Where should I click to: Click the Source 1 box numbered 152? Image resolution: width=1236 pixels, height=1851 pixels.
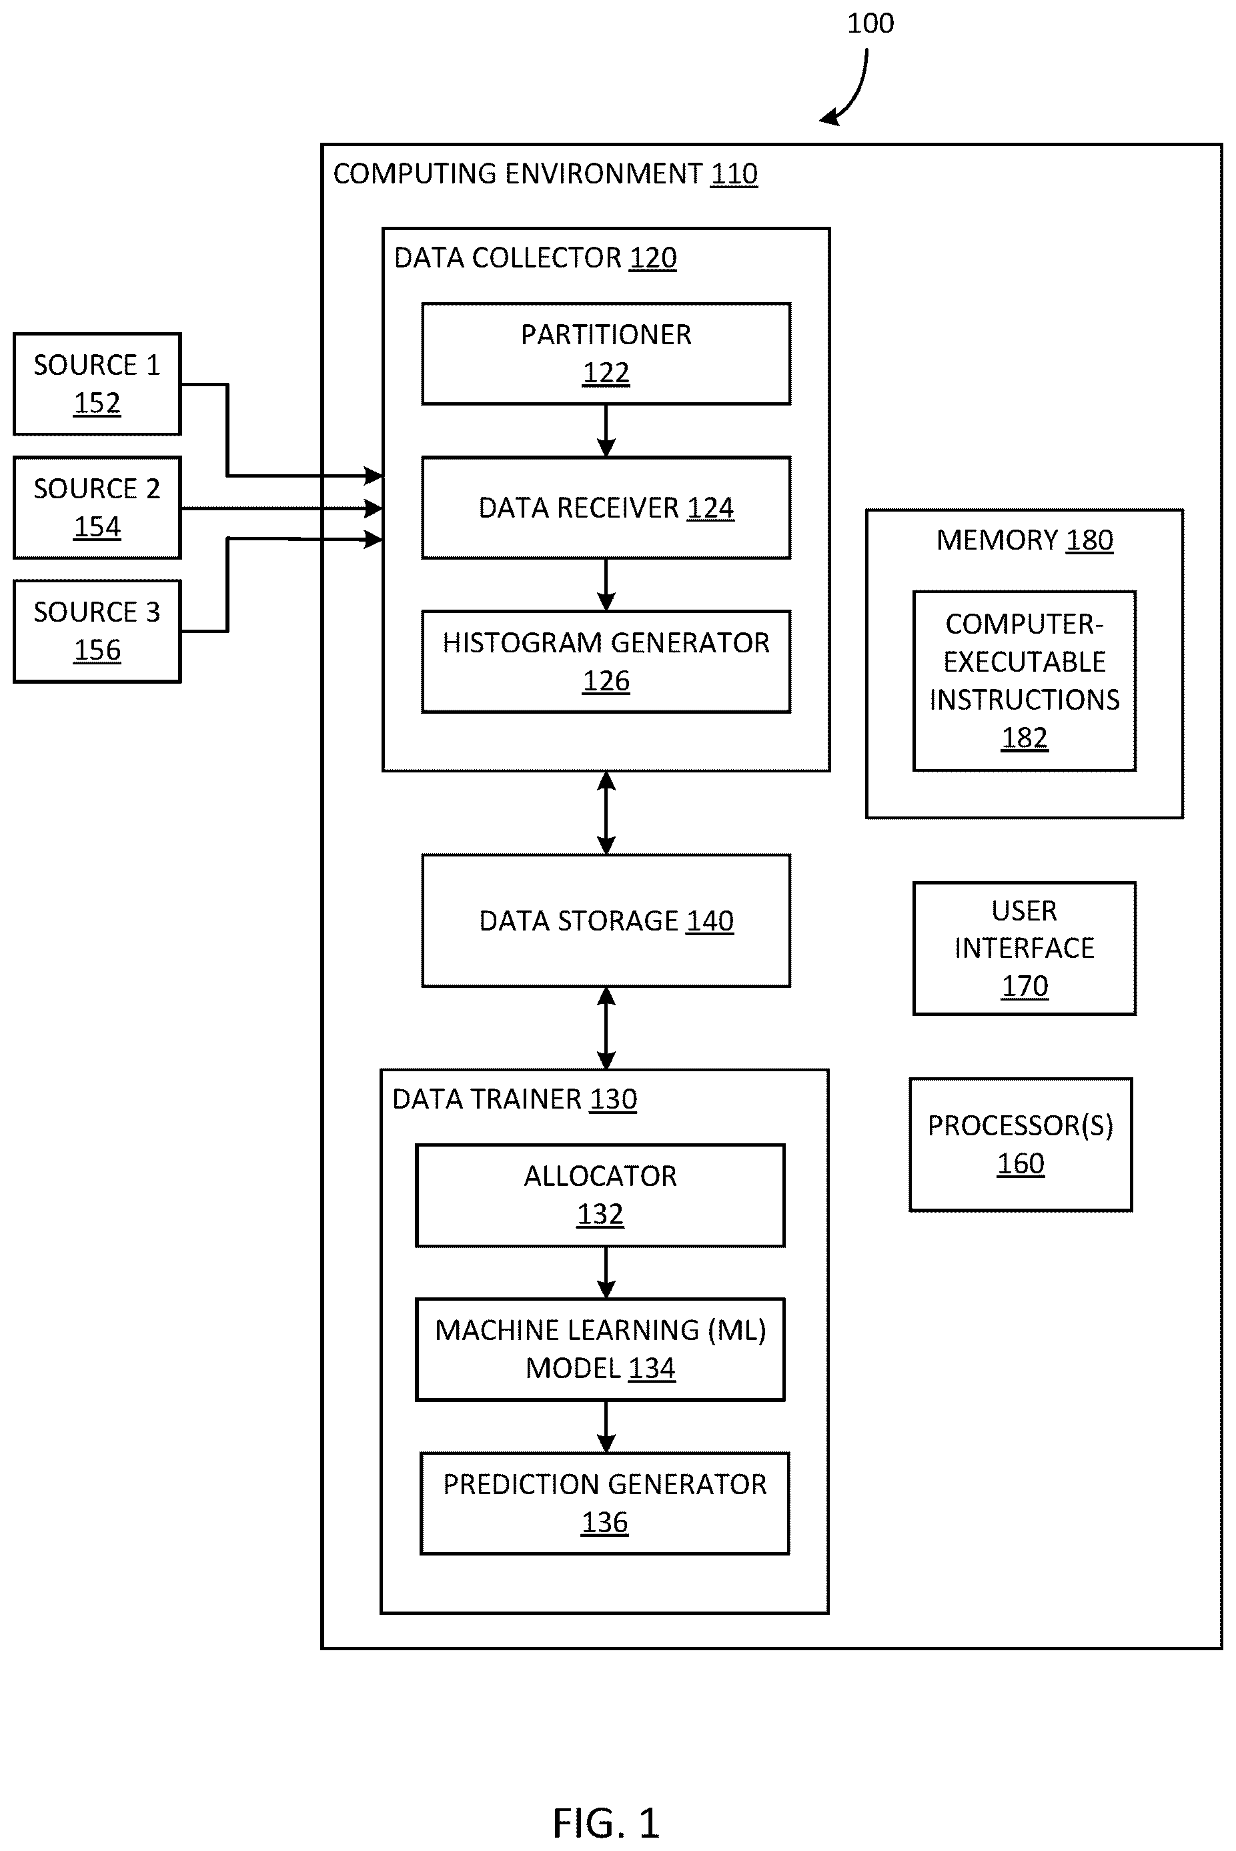(97, 384)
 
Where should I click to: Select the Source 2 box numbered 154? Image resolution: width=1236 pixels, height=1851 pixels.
(97, 508)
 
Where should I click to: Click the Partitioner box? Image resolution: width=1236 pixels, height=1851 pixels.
(606, 354)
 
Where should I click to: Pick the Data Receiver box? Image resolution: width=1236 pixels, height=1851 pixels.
(606, 508)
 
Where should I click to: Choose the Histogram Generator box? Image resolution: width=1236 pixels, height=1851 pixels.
(606, 662)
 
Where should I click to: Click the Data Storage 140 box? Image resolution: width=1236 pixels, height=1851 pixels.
(606, 920)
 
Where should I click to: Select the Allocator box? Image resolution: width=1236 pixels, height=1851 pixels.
(601, 1195)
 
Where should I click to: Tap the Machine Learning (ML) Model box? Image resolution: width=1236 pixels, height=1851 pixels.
(601, 1349)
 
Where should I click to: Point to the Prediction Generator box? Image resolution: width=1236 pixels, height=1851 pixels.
(604, 1503)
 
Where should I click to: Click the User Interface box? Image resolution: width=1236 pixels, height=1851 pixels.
(1025, 949)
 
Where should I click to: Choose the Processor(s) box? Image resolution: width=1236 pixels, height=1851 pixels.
(1021, 1145)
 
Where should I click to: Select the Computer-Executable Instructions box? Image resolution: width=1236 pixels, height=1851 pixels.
(1025, 680)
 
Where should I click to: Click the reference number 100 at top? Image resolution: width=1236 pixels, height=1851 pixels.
(870, 23)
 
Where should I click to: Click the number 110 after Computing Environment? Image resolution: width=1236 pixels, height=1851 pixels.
(734, 173)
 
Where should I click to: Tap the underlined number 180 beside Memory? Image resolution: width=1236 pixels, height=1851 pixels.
(1089, 540)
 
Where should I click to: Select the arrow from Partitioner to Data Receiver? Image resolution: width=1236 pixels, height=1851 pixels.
(606, 431)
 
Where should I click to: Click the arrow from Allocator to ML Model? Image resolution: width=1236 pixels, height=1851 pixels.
(606, 1273)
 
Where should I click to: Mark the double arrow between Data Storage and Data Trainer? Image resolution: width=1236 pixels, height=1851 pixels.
(606, 1028)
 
